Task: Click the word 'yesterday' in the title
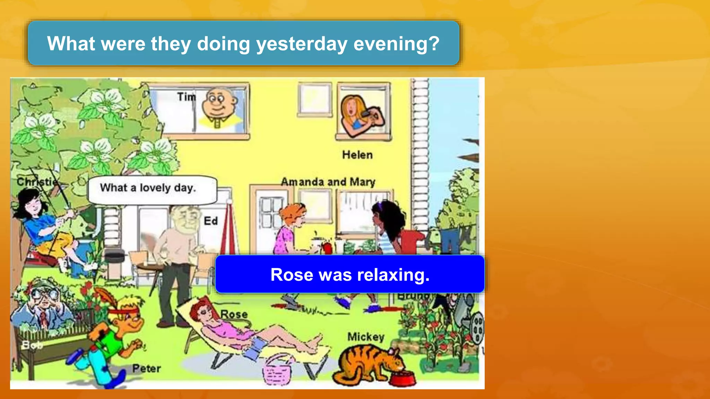(301, 44)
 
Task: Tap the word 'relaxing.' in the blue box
(393, 275)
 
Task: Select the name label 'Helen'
(357, 155)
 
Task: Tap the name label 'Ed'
(210, 221)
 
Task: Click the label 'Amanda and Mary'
(328, 182)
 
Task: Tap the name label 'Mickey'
(366, 337)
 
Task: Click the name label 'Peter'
(146, 368)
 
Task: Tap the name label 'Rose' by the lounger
(234, 314)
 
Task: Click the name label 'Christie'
(36, 181)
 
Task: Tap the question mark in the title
(434, 44)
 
